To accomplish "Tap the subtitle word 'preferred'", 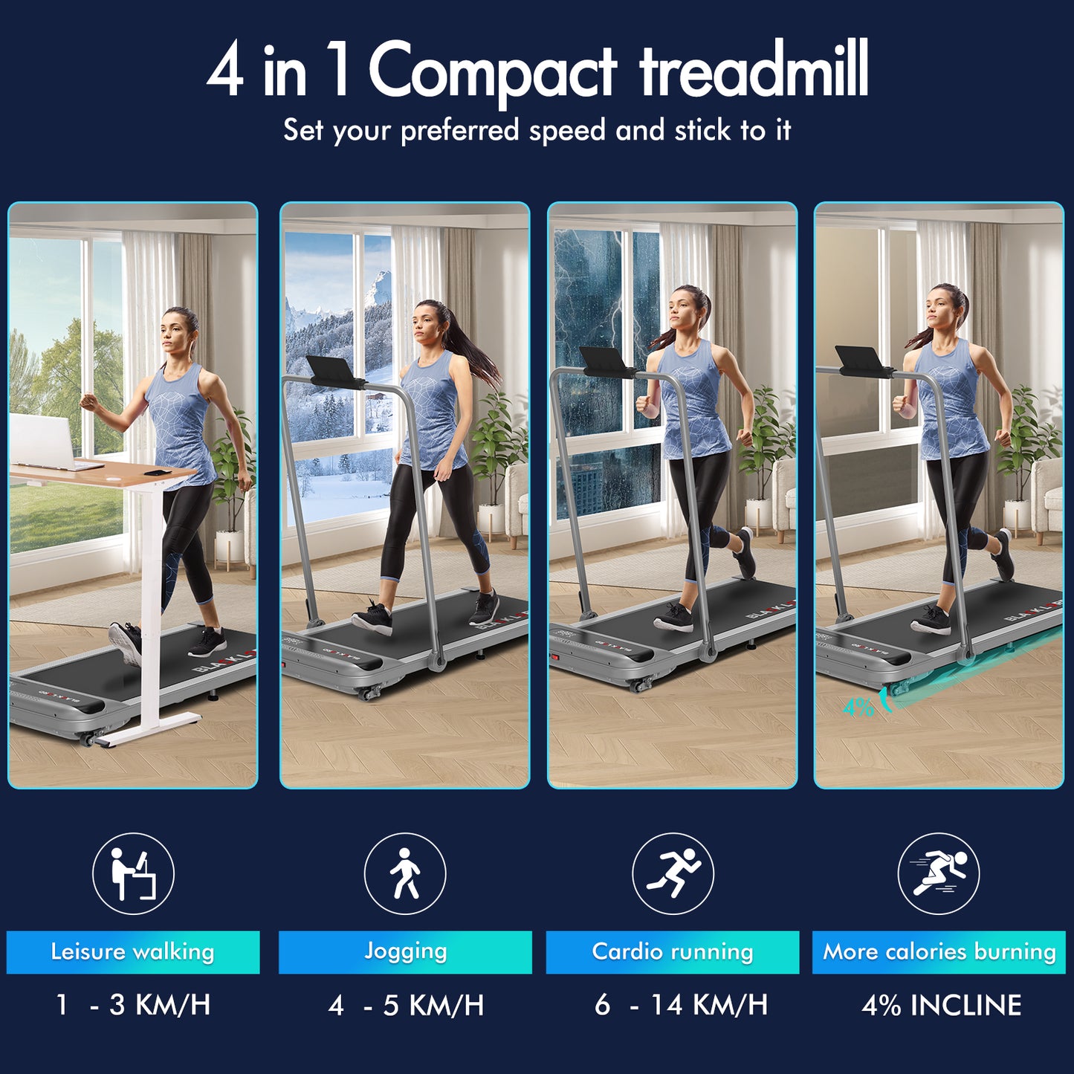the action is pos(460,132).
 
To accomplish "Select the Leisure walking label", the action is pos(132,951).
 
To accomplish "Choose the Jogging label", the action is pos(405,951).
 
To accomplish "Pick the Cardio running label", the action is pos(672,951).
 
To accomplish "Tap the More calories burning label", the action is pos(939,951).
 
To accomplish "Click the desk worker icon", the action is pos(133,873).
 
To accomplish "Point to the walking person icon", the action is pos(405,873).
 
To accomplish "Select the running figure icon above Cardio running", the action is pos(673,873).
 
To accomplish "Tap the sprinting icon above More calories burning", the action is pos(939,873).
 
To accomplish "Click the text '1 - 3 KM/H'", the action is pos(133,1005).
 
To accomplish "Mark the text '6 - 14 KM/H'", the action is pos(681,1005).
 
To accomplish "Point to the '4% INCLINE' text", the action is pos(942,1005).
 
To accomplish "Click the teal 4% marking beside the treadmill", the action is pos(858,708).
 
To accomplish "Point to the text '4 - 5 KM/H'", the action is pos(407,1005).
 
